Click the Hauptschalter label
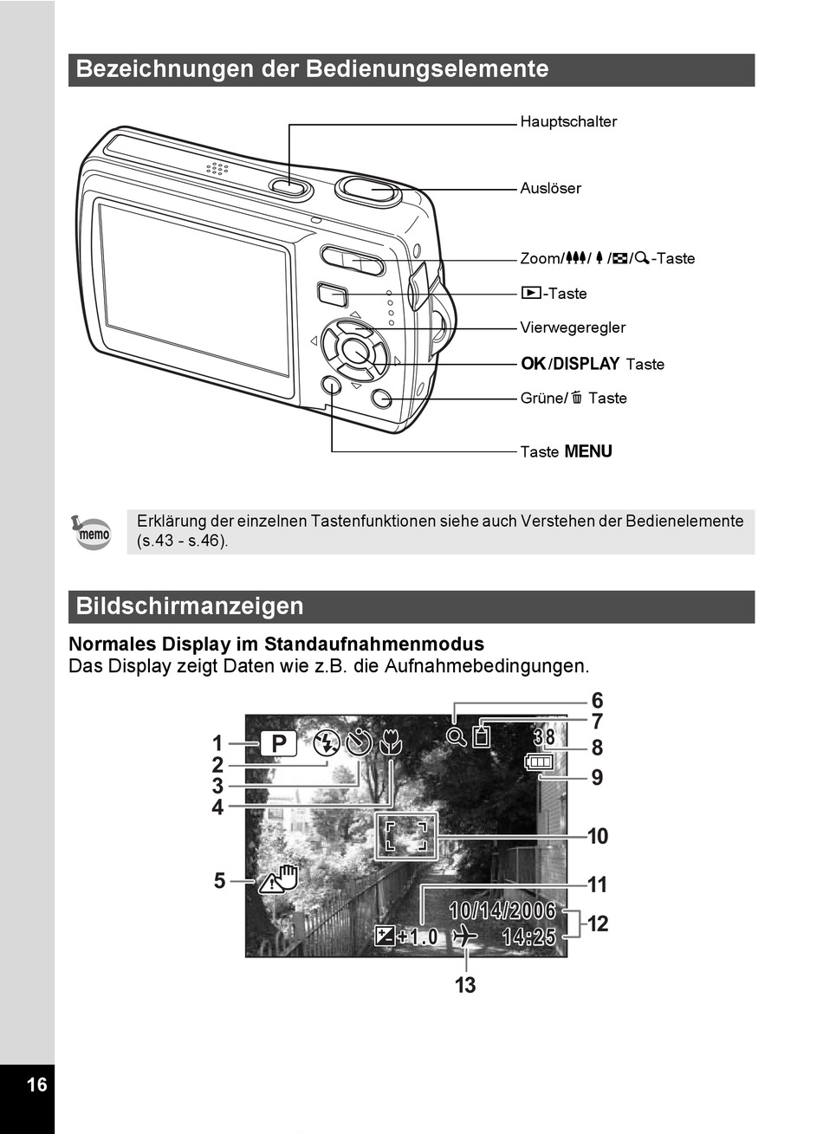[x=568, y=121]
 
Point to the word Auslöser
[x=550, y=188]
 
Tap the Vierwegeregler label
[x=572, y=327]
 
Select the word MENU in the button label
[x=588, y=451]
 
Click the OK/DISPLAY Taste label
[x=592, y=364]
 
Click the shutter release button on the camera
[x=368, y=190]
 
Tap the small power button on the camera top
[x=289, y=185]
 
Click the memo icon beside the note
[x=93, y=533]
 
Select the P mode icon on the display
[x=278, y=744]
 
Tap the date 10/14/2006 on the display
[x=502, y=910]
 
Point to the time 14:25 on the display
[x=528, y=936]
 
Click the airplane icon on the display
[x=465, y=936]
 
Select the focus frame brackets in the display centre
[x=406, y=835]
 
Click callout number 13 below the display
[x=465, y=985]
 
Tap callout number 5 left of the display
[x=220, y=881]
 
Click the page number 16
[x=36, y=1085]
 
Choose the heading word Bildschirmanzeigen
[x=190, y=606]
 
